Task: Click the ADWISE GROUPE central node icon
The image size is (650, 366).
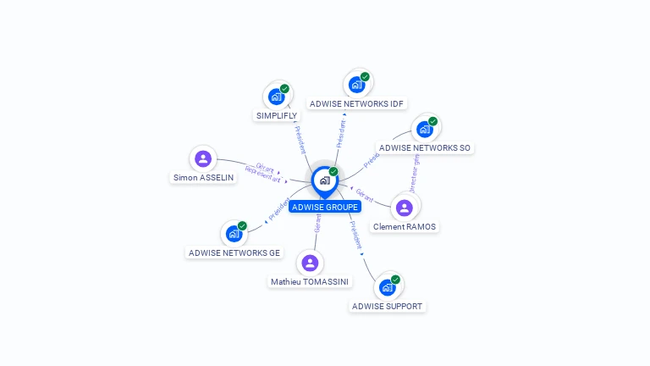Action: click(x=324, y=180)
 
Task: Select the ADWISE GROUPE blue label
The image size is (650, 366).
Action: click(x=325, y=207)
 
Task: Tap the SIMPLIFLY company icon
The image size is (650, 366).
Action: click(x=276, y=97)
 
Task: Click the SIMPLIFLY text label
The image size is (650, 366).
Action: click(x=276, y=115)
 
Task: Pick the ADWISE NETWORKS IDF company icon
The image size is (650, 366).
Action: click(x=356, y=85)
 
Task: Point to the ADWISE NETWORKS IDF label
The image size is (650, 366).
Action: click(x=356, y=103)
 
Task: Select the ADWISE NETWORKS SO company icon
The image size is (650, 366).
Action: click(x=424, y=129)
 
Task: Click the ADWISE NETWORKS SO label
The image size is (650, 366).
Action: click(x=424, y=147)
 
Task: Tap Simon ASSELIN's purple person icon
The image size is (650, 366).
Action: click(x=203, y=158)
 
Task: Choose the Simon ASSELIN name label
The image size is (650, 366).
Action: click(x=203, y=178)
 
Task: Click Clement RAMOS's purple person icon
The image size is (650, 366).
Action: click(x=404, y=208)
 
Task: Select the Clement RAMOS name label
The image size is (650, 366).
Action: click(x=405, y=226)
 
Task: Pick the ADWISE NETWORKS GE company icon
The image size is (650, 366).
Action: click(x=234, y=234)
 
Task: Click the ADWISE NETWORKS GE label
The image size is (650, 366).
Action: click(x=234, y=252)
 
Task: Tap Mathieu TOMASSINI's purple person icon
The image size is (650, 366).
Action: click(x=310, y=263)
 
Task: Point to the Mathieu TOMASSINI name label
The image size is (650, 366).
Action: click(x=311, y=281)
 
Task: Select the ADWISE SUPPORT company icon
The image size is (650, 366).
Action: click(x=387, y=287)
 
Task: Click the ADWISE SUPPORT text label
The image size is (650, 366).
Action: click(x=387, y=306)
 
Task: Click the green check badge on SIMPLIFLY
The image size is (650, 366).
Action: click(x=284, y=89)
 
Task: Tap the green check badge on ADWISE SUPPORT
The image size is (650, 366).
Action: click(x=395, y=280)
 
